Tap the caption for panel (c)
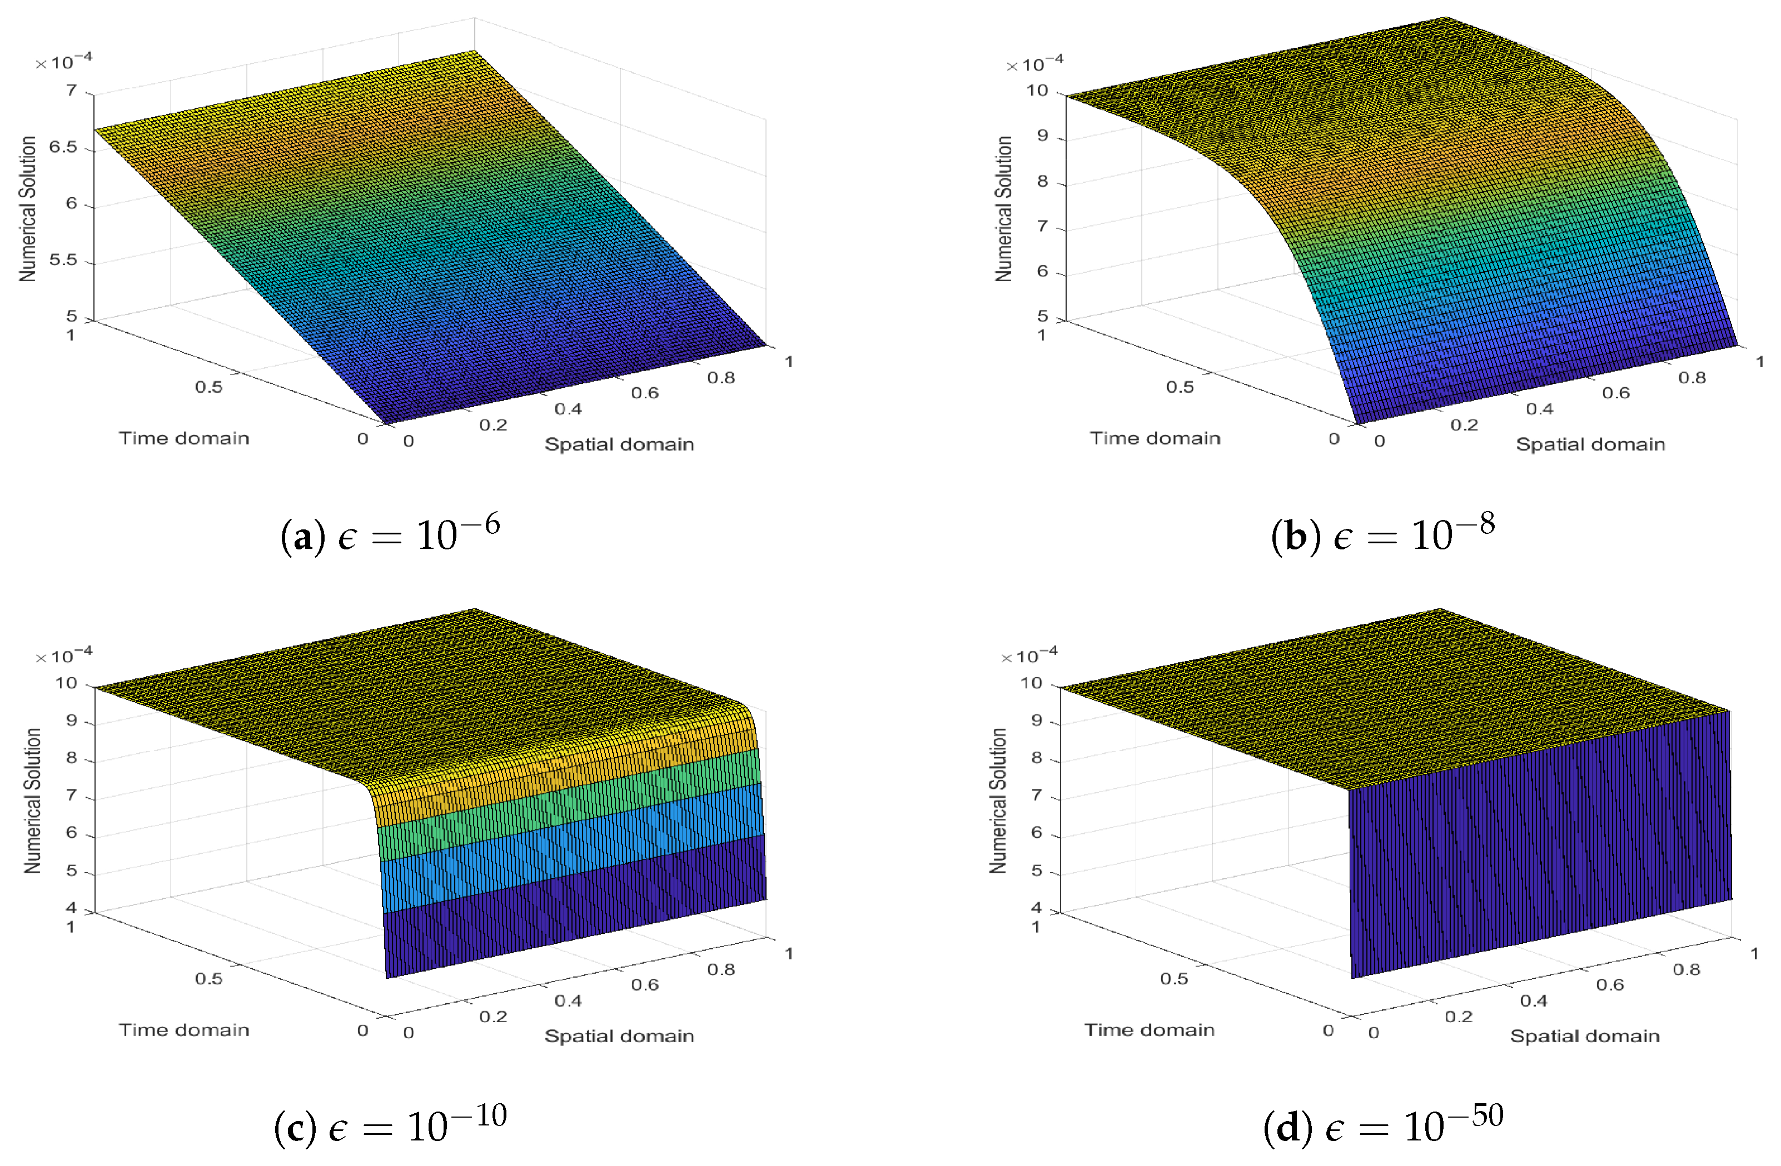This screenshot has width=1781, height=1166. pyautogui.click(x=390, y=1125)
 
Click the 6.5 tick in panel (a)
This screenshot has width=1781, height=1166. pyautogui.click(x=63, y=147)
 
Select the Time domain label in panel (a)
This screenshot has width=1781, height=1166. pyautogui.click(x=184, y=438)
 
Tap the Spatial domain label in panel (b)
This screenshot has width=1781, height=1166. pyautogui.click(x=1590, y=444)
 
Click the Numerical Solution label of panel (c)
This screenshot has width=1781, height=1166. pyautogui.click(x=32, y=800)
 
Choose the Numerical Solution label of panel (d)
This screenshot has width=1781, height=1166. pyautogui.click(x=998, y=800)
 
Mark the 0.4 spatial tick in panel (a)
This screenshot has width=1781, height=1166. pyautogui.click(x=568, y=409)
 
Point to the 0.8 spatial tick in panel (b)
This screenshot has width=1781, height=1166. pyautogui.click(x=1692, y=378)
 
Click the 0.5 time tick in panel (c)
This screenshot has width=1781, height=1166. pyautogui.click(x=209, y=978)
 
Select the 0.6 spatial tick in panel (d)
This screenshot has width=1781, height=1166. pyautogui.click(x=1610, y=985)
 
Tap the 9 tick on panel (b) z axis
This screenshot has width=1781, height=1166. pyautogui.click(x=1042, y=137)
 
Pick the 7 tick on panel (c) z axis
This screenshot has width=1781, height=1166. pyautogui.click(x=71, y=795)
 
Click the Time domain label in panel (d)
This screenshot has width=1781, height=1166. pyautogui.click(x=1150, y=1030)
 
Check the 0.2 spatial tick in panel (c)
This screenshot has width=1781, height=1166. pyautogui.click(x=493, y=1017)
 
